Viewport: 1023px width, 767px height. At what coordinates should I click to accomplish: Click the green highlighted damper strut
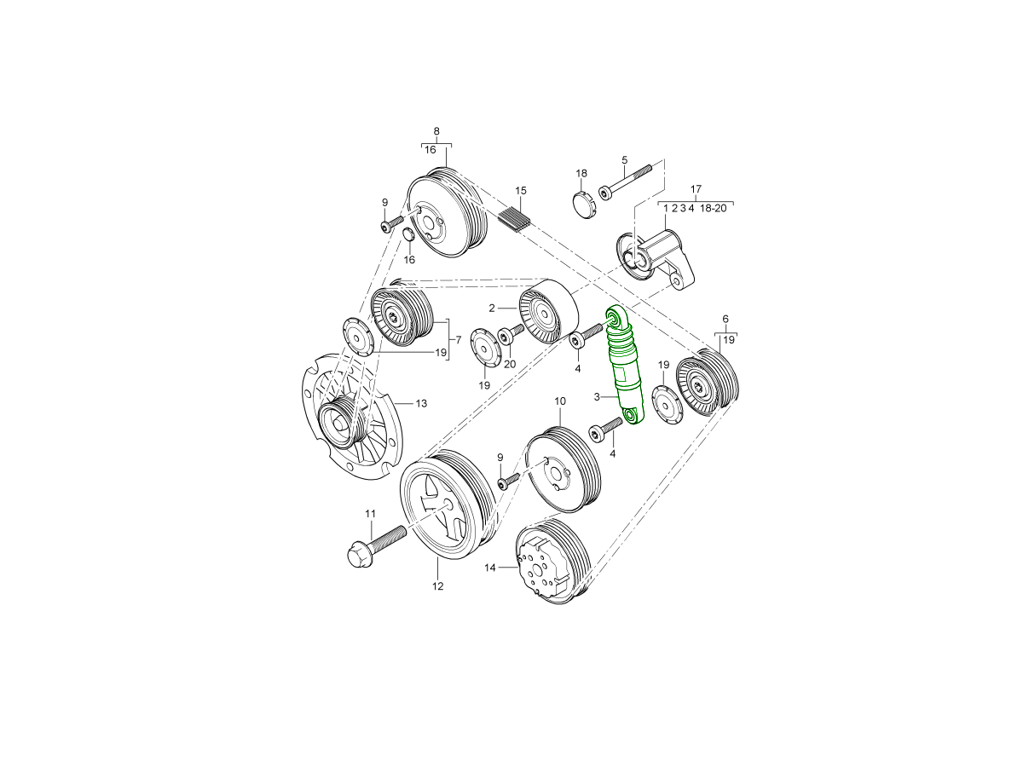click(x=624, y=366)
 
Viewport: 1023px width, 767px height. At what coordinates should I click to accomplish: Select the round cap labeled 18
click(x=581, y=205)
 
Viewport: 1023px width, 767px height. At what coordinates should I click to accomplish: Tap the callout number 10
click(x=560, y=401)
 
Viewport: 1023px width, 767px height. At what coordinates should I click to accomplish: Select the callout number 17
click(x=696, y=189)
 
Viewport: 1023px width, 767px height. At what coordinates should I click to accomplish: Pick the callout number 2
click(x=492, y=308)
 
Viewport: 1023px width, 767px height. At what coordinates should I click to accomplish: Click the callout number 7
click(x=458, y=340)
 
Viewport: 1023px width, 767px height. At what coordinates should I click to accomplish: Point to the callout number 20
click(x=510, y=364)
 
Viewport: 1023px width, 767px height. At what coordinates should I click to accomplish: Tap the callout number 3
click(x=598, y=397)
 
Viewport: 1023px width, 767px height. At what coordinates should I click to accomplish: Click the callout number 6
click(x=725, y=319)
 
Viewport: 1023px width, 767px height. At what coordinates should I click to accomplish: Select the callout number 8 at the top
click(x=436, y=131)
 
